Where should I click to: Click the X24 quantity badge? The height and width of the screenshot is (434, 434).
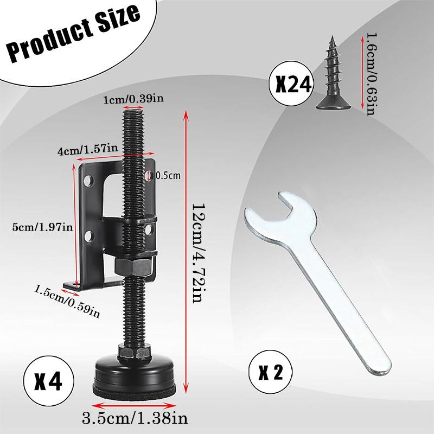point(291,84)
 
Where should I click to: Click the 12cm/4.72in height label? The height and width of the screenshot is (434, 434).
point(199,253)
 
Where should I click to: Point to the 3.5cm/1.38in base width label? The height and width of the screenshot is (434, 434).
point(135,418)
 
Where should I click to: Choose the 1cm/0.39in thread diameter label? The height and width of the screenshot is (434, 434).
point(133,99)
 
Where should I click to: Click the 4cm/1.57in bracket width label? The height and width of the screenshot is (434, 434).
point(87,150)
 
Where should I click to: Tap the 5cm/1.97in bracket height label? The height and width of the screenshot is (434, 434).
point(42,227)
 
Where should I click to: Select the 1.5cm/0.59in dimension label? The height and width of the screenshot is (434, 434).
point(66,302)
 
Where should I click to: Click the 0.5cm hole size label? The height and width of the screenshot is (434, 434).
point(168,175)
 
